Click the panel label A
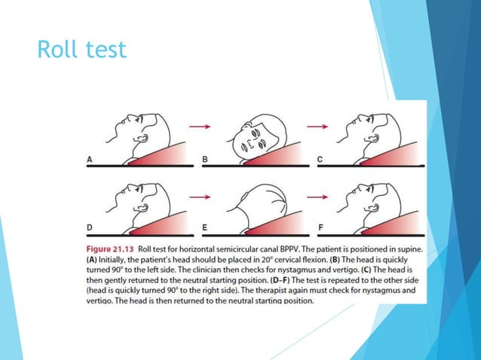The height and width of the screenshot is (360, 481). tap(90, 159)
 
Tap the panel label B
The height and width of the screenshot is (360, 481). tap(204, 159)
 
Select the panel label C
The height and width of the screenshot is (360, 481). tap(319, 159)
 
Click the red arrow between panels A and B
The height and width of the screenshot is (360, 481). tap(199, 127)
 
